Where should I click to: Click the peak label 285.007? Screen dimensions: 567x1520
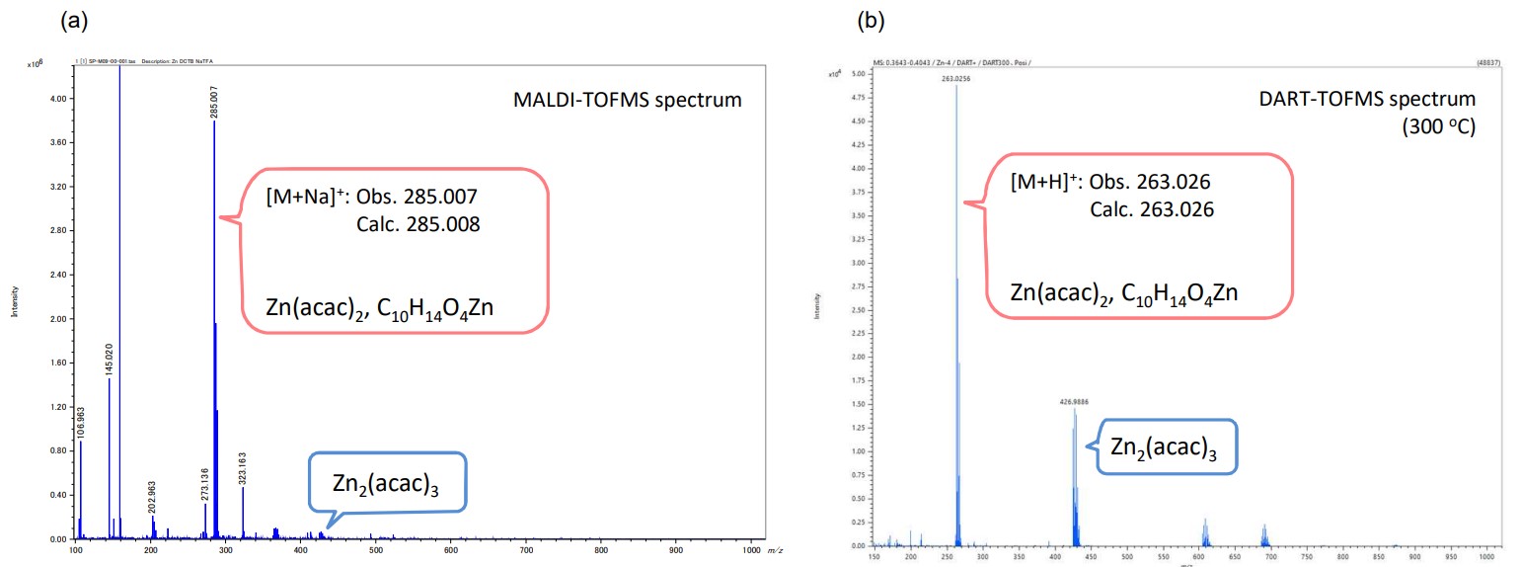[x=214, y=101]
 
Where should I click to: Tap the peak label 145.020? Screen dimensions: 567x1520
[x=110, y=358]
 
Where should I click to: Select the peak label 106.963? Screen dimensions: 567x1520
[x=82, y=422]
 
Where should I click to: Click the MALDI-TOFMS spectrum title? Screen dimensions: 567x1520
[x=627, y=101]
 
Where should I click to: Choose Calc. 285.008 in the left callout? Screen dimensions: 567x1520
[x=418, y=224]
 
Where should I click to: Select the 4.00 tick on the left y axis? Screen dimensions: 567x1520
[x=57, y=99]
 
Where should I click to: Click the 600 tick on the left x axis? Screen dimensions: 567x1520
[x=599, y=549]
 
